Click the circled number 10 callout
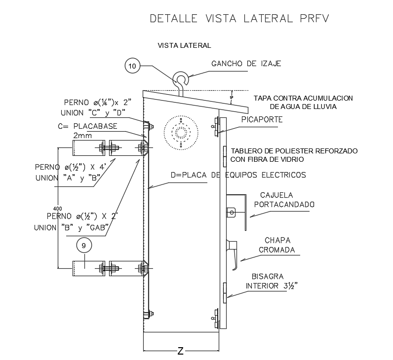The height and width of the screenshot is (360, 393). [x=133, y=66]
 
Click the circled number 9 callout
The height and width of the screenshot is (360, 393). [x=84, y=245]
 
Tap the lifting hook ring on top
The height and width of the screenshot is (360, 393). [x=180, y=79]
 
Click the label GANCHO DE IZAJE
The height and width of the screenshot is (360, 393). [x=246, y=64]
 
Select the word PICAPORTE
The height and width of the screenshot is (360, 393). [x=262, y=119]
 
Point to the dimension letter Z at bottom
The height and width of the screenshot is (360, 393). [x=181, y=351]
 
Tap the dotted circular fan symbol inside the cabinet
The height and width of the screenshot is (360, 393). [x=181, y=132]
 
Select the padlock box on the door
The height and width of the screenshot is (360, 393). [x=232, y=212]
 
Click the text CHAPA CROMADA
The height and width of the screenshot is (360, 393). [x=276, y=245]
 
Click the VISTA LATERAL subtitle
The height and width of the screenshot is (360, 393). [x=184, y=46]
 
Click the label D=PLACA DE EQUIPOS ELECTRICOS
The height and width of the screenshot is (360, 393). [x=238, y=175]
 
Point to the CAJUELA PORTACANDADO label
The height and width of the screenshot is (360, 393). [x=283, y=200]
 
